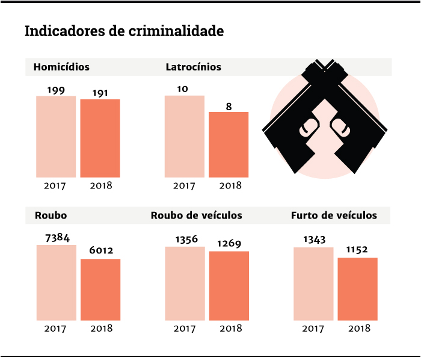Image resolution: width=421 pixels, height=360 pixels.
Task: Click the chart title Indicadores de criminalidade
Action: (x=124, y=31)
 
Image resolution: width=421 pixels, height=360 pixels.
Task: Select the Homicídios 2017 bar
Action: (x=56, y=137)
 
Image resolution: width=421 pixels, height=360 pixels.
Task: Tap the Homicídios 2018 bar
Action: (x=100, y=138)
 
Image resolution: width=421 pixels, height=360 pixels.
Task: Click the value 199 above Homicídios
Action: (x=56, y=90)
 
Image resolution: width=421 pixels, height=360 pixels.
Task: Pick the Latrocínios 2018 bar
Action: (x=229, y=144)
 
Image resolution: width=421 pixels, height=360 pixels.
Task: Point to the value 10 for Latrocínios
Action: (x=183, y=89)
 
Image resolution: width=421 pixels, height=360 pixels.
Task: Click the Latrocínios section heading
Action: (x=193, y=67)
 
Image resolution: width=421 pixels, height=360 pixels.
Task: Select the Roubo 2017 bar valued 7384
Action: (x=56, y=282)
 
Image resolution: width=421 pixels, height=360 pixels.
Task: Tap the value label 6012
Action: (x=100, y=250)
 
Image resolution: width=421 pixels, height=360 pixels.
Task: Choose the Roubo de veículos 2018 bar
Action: (x=229, y=285)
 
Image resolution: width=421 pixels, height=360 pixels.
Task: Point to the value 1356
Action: (x=185, y=239)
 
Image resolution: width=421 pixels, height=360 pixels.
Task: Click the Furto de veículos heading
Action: (x=334, y=215)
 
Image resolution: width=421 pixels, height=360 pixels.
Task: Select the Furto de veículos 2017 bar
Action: (x=313, y=284)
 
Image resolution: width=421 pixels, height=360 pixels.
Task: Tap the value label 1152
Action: (x=357, y=250)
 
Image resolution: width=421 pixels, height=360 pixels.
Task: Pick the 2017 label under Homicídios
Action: (x=55, y=185)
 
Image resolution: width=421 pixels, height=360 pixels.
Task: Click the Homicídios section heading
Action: (x=61, y=67)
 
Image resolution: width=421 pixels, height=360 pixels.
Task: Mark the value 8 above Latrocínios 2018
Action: (x=229, y=106)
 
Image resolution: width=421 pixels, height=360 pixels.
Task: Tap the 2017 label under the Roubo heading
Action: (x=55, y=328)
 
